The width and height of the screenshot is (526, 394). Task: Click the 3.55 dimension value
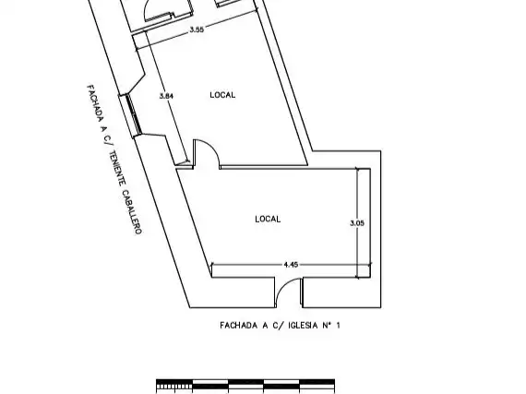click(x=197, y=30)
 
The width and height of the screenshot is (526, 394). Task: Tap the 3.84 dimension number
click(x=166, y=96)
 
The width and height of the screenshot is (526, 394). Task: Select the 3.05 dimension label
click(x=357, y=223)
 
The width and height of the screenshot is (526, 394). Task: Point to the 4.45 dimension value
click(x=291, y=265)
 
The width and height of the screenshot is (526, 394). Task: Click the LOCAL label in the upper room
click(x=222, y=95)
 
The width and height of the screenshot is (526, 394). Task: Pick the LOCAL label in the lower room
click(x=268, y=219)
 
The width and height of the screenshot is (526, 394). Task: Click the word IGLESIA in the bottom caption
click(x=303, y=326)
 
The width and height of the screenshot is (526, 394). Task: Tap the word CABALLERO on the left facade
click(x=131, y=212)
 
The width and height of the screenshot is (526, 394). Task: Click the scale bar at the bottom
click(x=245, y=386)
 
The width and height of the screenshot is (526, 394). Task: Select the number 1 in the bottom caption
click(x=338, y=326)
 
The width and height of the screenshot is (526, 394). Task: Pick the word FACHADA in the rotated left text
click(x=96, y=103)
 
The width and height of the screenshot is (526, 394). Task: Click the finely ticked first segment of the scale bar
click(x=174, y=386)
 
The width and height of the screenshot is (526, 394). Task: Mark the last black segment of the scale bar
click(x=317, y=382)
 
